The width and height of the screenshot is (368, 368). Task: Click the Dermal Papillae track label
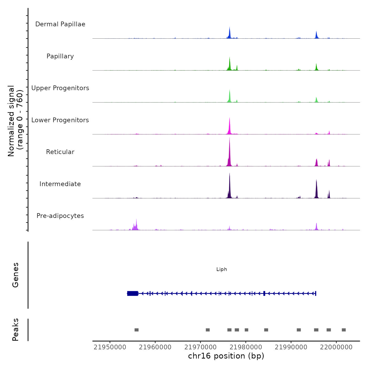click(60, 24)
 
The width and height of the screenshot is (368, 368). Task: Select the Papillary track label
click(60, 56)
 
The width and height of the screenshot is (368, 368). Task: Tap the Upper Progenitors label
click(60, 88)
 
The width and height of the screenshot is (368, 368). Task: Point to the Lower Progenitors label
click(60, 120)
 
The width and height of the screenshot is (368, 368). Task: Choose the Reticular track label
click(60, 152)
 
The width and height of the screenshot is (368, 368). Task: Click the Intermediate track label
click(60, 184)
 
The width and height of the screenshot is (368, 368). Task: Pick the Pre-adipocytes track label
click(60, 216)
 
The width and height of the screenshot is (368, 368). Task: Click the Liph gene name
click(222, 269)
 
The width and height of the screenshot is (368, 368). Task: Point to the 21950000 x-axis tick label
click(110, 347)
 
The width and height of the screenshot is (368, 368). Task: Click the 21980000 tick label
click(246, 347)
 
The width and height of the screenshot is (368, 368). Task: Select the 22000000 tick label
click(336, 347)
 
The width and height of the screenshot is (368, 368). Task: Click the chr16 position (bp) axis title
click(226, 356)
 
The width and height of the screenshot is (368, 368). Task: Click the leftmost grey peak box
click(136, 330)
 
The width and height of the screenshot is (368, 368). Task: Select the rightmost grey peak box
click(344, 330)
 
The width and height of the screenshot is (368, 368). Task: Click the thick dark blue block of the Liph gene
click(133, 293)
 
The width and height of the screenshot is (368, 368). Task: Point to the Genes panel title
click(16, 275)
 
